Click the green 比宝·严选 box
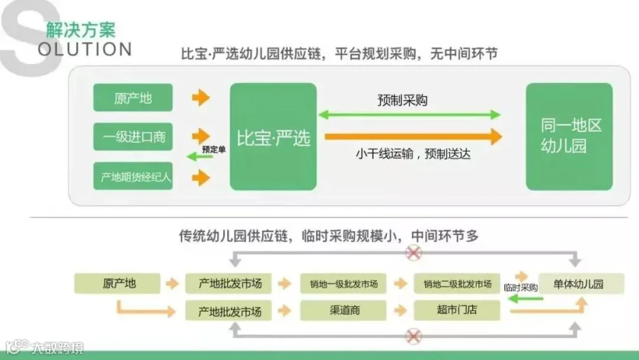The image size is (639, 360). click(x=273, y=136)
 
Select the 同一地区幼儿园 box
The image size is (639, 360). click(x=569, y=136)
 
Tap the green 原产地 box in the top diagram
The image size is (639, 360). click(x=133, y=97)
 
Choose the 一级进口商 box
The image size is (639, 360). click(x=133, y=136)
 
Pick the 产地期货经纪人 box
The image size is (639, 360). click(x=133, y=176)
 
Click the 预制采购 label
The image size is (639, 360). click(x=403, y=100)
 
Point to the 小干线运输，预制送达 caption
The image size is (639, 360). click(x=413, y=154)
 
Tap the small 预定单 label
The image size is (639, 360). click(x=214, y=150)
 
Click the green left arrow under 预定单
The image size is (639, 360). click(x=200, y=156)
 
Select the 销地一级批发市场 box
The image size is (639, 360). click(x=343, y=284)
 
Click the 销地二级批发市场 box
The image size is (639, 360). click(x=457, y=284)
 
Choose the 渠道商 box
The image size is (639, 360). click(x=343, y=311)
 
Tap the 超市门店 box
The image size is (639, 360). click(x=457, y=311)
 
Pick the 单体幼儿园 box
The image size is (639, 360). click(x=581, y=284)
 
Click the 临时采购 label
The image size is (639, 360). click(x=520, y=288)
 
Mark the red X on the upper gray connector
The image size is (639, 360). click(x=413, y=253)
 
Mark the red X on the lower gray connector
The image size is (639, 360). click(x=413, y=337)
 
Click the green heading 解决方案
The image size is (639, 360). click(x=81, y=30)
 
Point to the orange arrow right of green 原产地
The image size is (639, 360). click(x=201, y=98)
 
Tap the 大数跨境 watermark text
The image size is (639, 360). click(x=58, y=348)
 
